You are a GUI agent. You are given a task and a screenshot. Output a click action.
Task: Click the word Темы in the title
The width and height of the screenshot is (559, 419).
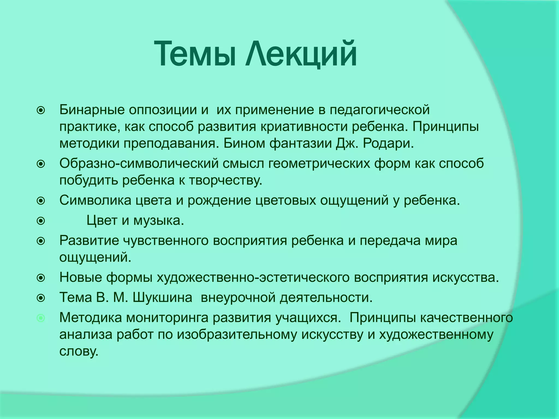[194, 54]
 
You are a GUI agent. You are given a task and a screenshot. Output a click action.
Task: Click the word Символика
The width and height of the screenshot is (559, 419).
[96, 200]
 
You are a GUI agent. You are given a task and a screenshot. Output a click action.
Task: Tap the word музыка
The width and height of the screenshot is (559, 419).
[159, 220]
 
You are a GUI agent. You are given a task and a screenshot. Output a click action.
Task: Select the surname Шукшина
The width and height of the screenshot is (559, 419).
[162, 298]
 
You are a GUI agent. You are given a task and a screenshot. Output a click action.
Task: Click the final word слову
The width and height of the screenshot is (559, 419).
[79, 352]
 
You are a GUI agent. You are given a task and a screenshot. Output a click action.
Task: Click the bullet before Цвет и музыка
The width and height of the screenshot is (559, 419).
[41, 221]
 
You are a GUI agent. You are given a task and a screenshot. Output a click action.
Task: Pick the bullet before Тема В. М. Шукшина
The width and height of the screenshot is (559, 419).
[41, 298]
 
